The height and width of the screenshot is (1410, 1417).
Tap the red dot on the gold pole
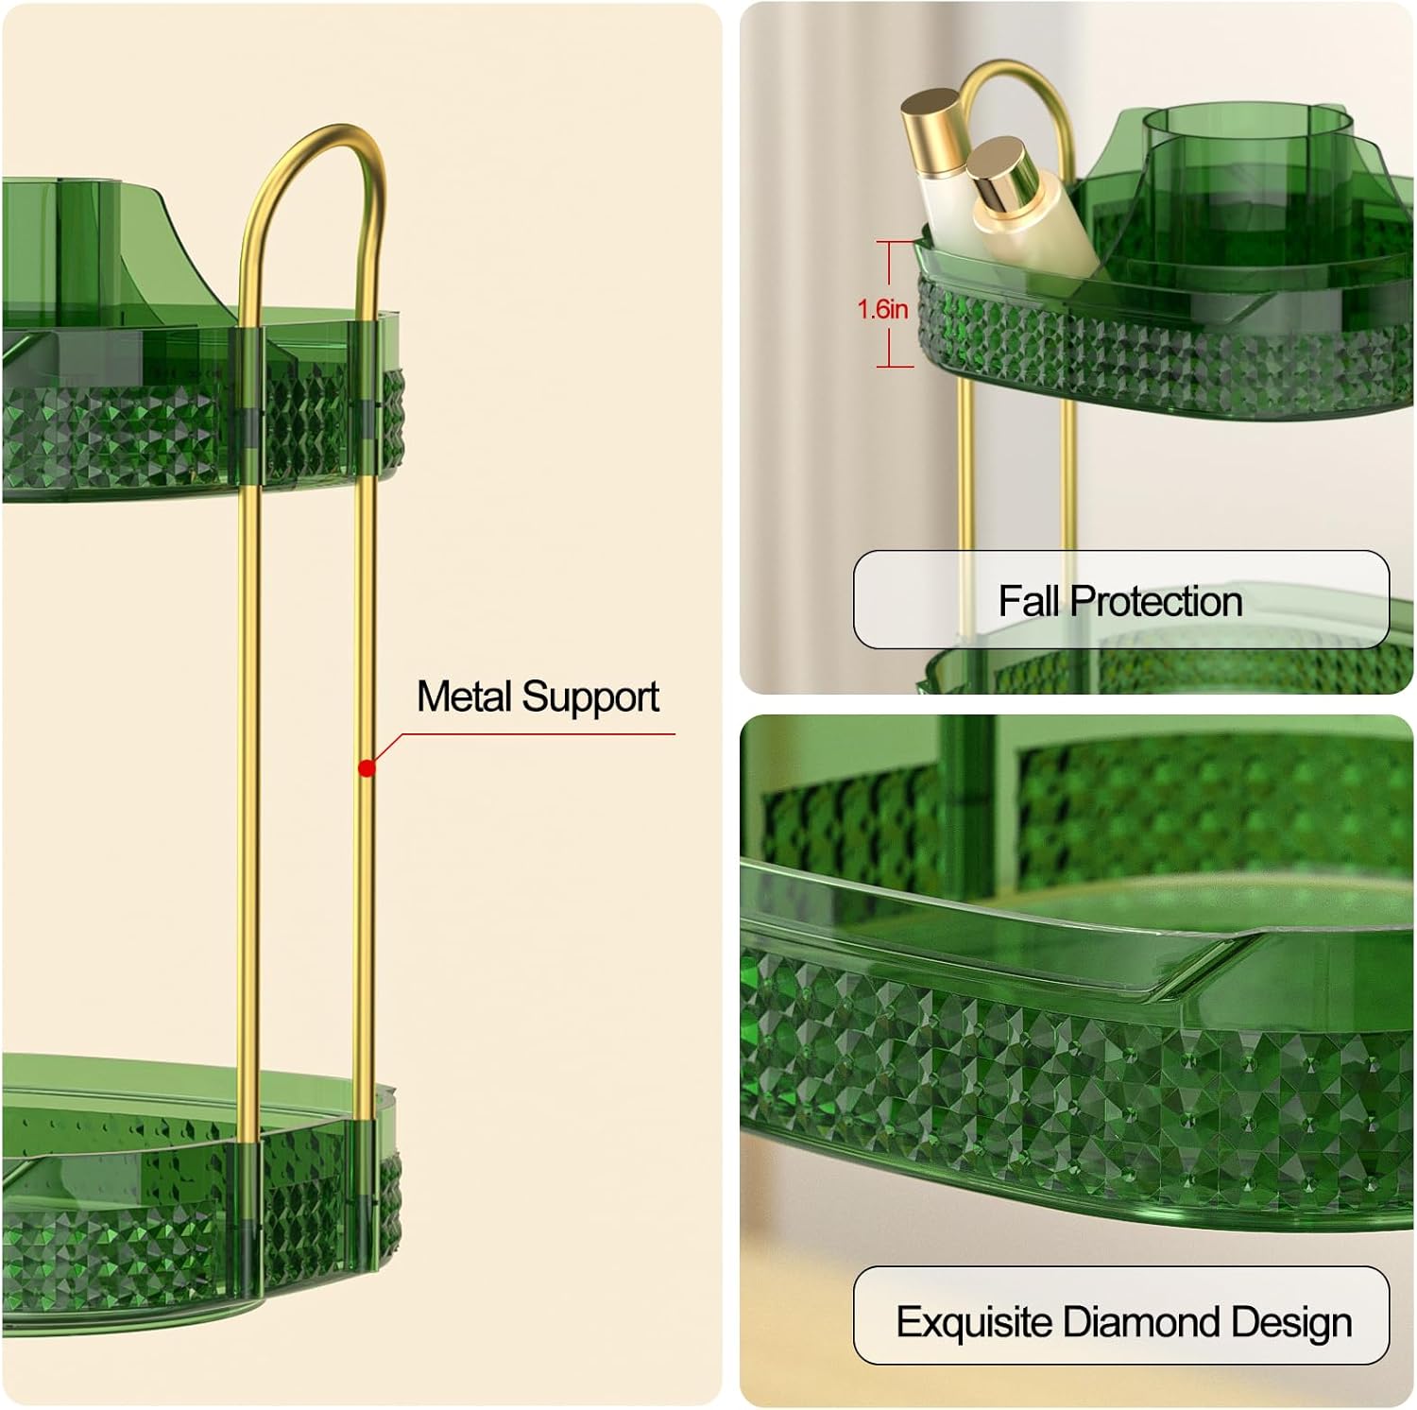point(367,768)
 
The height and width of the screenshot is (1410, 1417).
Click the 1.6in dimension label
point(882,308)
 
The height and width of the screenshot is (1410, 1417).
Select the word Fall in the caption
point(1030,601)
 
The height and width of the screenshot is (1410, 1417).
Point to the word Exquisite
point(975,1321)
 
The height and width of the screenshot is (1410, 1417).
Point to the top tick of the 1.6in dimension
point(896,243)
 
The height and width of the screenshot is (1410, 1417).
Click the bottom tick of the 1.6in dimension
point(896,366)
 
